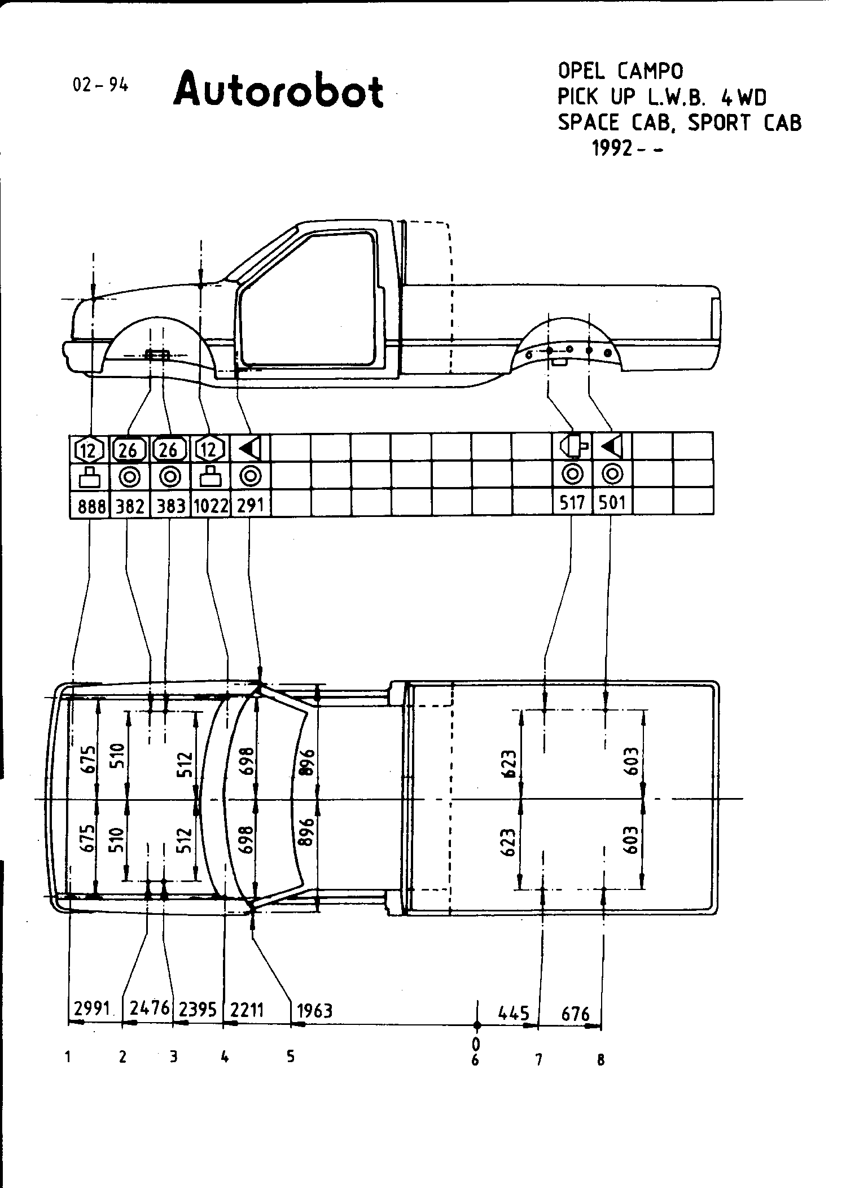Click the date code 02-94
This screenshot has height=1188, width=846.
(100, 85)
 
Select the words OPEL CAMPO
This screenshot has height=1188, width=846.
(620, 71)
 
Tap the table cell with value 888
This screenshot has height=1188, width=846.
(91, 506)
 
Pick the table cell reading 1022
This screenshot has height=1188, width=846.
(211, 506)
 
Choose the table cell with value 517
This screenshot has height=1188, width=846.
(572, 502)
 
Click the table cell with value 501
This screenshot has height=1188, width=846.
(612, 502)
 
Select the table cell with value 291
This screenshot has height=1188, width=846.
(250, 505)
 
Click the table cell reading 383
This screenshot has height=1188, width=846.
(170, 506)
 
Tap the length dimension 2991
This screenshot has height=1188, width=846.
(91, 1007)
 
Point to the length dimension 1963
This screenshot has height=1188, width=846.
(314, 1010)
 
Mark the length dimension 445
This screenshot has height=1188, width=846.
(514, 1013)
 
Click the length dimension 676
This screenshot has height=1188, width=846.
(576, 1014)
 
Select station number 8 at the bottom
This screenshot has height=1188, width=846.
(600, 1060)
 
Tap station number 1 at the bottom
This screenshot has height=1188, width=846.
(68, 1057)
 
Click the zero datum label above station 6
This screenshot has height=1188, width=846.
(476, 1041)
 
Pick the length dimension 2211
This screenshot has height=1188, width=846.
(247, 1009)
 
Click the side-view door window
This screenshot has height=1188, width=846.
(308, 299)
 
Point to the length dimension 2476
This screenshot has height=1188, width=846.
(149, 1007)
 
